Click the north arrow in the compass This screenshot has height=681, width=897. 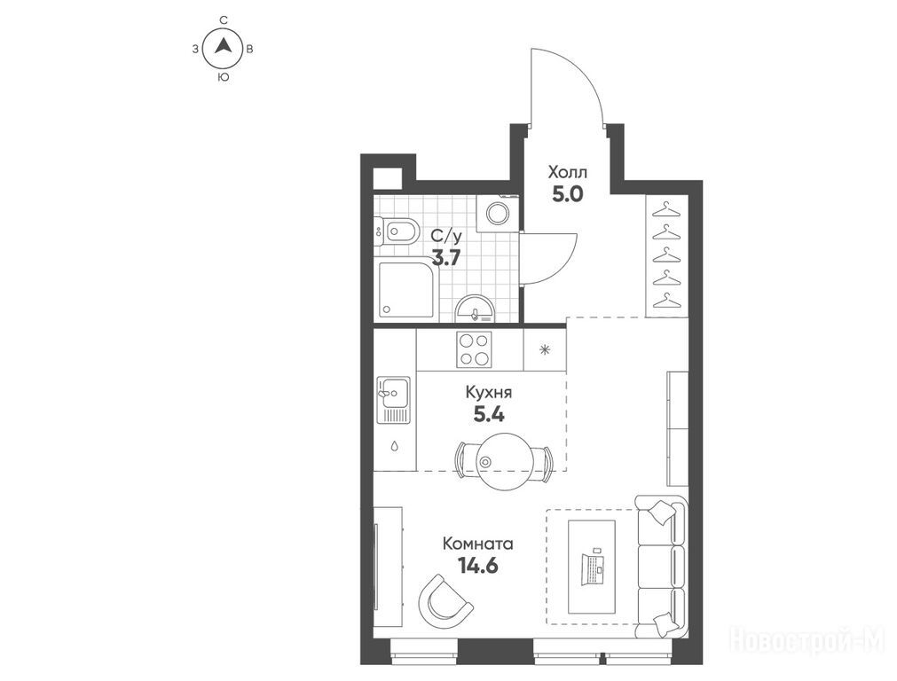click(224, 45)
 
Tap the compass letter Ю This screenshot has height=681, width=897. click(224, 77)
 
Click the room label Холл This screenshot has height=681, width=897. click(568, 172)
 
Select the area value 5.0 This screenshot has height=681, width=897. click(567, 194)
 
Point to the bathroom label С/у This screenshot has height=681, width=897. click(446, 236)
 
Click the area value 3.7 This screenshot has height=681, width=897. click(445, 258)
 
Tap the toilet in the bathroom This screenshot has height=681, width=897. click(395, 231)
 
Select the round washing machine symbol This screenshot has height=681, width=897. click(497, 214)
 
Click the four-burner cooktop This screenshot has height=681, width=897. click(474, 348)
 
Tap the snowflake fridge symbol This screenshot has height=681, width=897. click(545, 350)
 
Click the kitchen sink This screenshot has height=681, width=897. click(393, 400)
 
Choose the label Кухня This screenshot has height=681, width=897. click(489, 393)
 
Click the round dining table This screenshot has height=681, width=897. click(504, 461)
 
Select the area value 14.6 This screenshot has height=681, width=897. click(477, 566)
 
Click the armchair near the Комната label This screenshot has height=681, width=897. click(444, 601)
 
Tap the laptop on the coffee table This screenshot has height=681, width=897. click(592, 568)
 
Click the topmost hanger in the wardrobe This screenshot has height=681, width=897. click(665, 208)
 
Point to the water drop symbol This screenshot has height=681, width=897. click(395, 445)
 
